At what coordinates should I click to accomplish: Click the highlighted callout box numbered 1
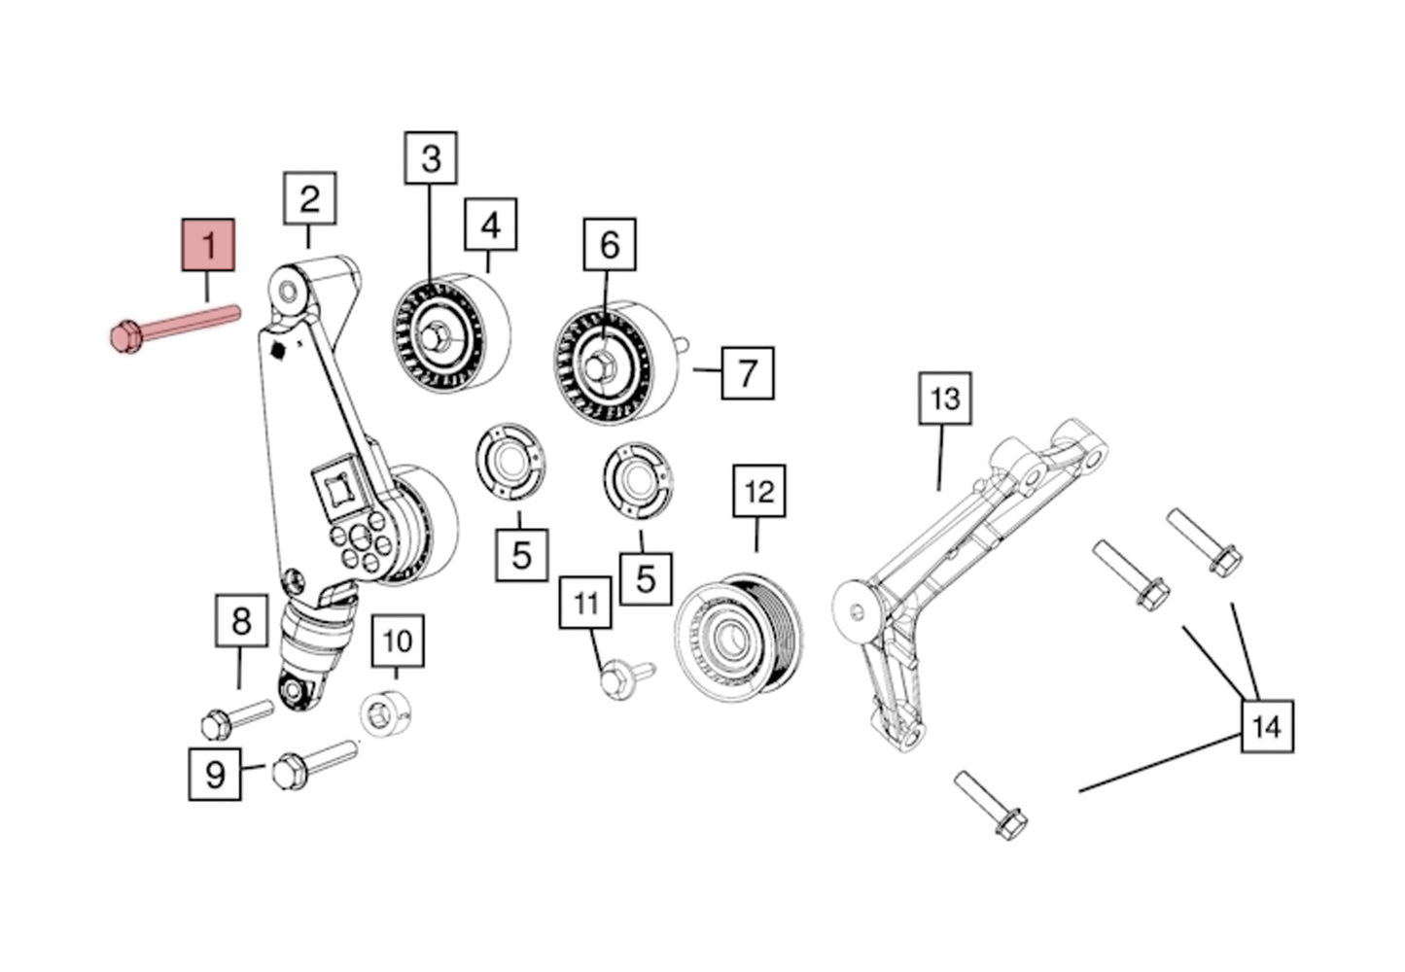209,244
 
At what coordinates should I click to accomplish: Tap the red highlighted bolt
175,326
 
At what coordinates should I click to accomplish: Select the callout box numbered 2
309,198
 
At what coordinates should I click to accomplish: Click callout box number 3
431,157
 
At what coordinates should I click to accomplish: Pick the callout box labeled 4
490,225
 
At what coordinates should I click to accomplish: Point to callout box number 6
610,244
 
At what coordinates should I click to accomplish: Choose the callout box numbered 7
747,372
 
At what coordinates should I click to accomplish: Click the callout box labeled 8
241,620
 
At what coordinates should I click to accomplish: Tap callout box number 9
214,774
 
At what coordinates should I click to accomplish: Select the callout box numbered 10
398,641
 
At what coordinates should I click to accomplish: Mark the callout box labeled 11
585,603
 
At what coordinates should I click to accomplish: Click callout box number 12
758,491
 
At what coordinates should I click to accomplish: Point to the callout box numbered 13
945,398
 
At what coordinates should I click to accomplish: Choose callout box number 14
1266,725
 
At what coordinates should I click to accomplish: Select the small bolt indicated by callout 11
623,677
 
